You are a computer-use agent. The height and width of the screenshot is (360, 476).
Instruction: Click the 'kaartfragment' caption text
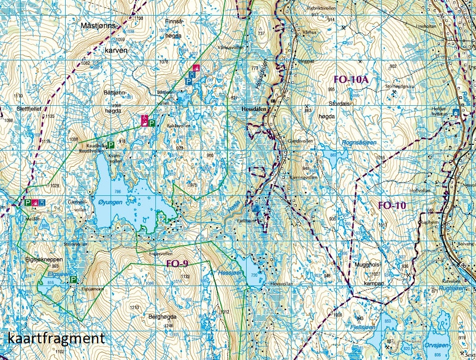tap(56, 338)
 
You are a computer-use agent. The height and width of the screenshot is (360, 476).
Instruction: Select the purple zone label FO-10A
tap(351, 80)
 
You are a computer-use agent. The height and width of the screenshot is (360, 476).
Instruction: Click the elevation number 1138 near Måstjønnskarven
tap(139, 19)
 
